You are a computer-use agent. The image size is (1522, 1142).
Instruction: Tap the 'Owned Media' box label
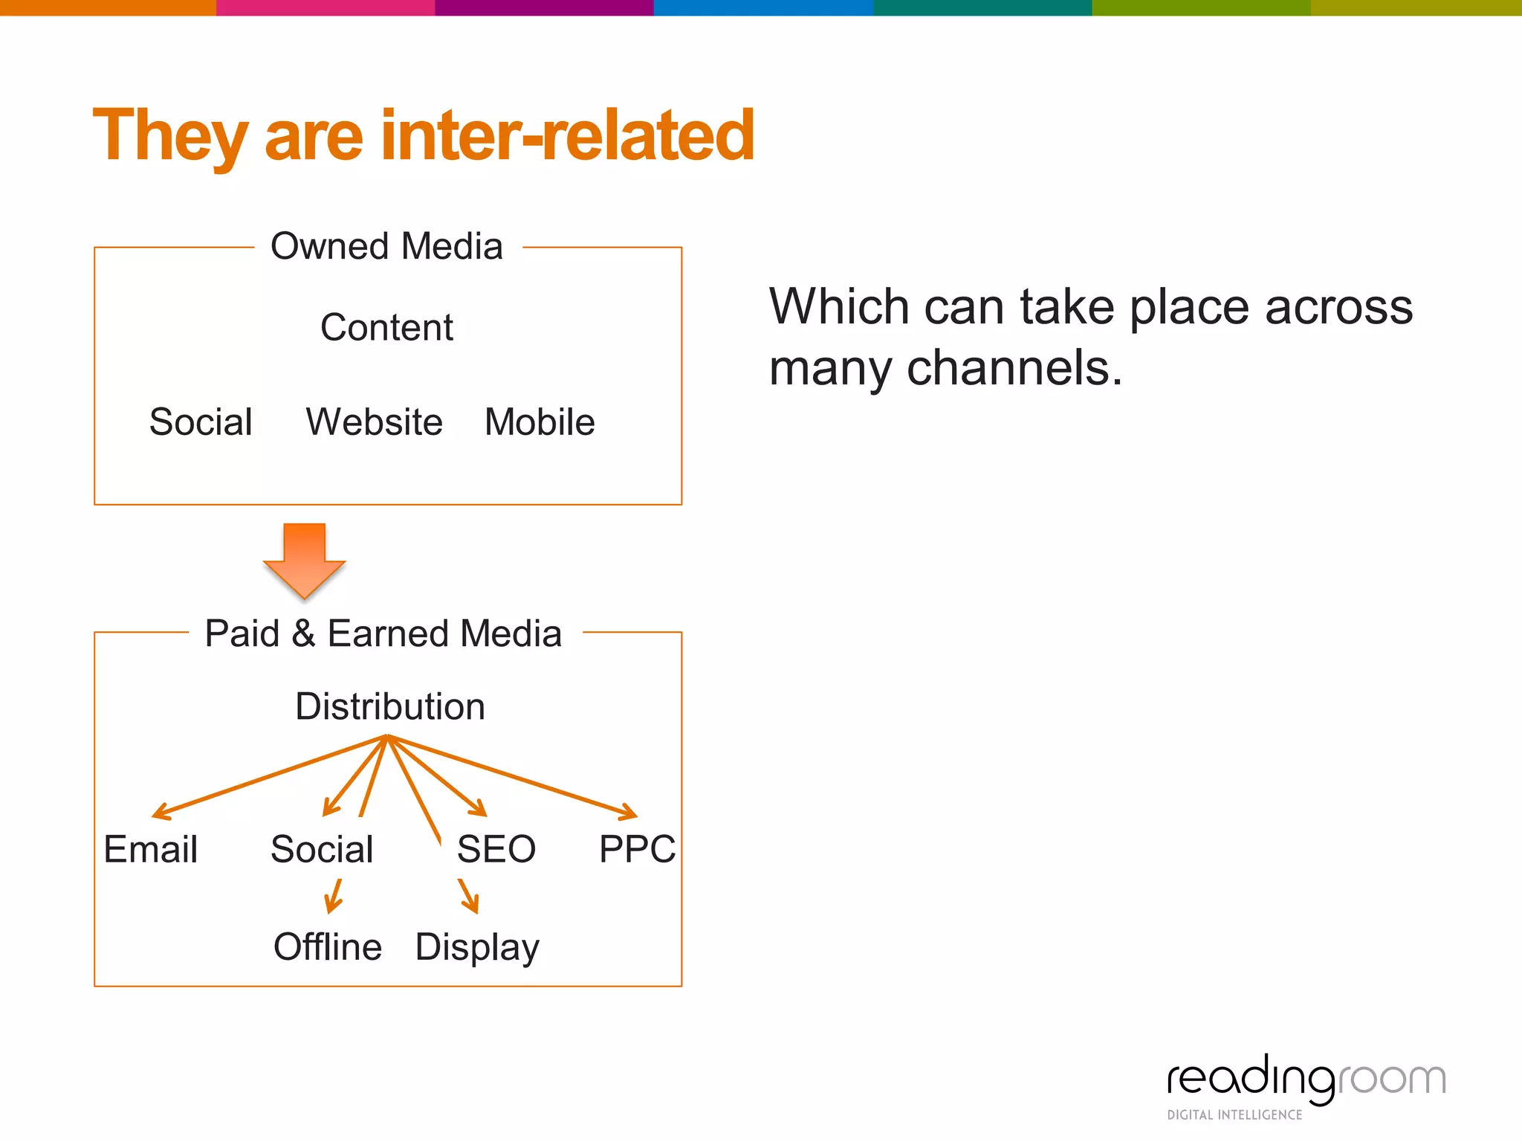pyautogui.click(x=386, y=246)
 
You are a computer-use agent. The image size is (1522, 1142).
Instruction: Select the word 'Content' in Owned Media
pyautogui.click(x=386, y=328)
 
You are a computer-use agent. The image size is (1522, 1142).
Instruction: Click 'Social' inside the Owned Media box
pyautogui.click(x=201, y=422)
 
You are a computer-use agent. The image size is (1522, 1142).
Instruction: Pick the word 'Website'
pyautogui.click(x=374, y=422)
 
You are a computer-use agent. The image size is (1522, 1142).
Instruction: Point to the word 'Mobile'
pyautogui.click(x=540, y=422)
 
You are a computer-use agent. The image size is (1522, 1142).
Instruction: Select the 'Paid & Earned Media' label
pyautogui.click(x=383, y=633)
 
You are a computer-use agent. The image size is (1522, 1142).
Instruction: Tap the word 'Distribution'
pyautogui.click(x=390, y=706)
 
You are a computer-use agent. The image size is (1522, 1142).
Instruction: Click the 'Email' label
pyautogui.click(x=151, y=849)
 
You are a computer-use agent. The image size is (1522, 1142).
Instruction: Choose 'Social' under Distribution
pyautogui.click(x=322, y=849)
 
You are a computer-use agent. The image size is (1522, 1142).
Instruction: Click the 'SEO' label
pyautogui.click(x=496, y=849)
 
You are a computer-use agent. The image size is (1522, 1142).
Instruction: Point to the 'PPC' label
pyautogui.click(x=637, y=849)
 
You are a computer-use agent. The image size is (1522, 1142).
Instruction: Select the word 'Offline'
pyautogui.click(x=328, y=947)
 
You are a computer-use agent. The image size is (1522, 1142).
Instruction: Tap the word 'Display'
pyautogui.click(x=477, y=947)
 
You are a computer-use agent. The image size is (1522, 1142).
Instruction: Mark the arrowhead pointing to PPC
pyautogui.click(x=629, y=812)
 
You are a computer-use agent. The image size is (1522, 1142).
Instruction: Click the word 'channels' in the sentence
pyautogui.click(x=1014, y=367)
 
